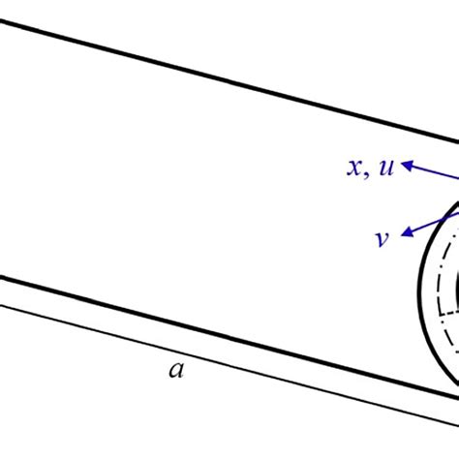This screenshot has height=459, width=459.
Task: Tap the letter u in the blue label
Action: point(385,168)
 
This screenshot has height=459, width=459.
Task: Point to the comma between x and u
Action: point(370,174)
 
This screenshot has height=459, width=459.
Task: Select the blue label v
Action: point(382,238)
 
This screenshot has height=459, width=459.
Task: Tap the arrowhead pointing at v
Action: point(409,231)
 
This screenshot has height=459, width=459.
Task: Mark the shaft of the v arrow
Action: point(431,220)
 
